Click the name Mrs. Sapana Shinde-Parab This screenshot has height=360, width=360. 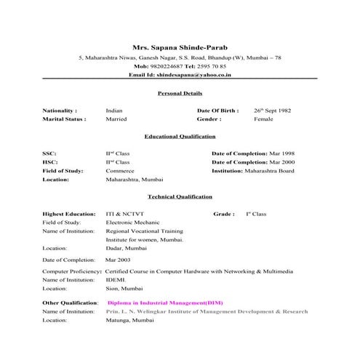point(180,44)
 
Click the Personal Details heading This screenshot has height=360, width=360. point(180,93)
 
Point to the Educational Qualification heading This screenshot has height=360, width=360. point(180,136)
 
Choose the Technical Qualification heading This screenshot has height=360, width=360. point(180,196)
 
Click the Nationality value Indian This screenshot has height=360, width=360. point(114,110)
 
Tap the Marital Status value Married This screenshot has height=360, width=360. point(116,119)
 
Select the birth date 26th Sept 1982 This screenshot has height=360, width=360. point(272,110)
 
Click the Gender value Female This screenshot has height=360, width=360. point(263,119)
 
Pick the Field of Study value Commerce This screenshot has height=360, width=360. point(120,170)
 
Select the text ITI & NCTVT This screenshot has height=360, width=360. point(124,214)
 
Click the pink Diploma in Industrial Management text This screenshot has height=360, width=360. point(165,302)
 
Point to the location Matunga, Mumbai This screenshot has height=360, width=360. point(130,319)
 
